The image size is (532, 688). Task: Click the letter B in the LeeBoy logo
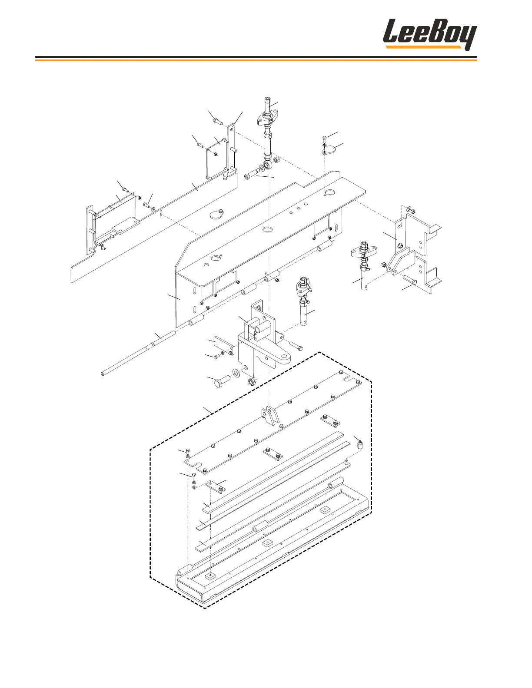(435, 34)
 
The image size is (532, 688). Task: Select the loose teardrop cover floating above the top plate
(329, 150)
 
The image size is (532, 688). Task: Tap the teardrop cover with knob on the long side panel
(216, 214)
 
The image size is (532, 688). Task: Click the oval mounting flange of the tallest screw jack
(268, 116)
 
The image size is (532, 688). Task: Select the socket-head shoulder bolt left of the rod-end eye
(249, 177)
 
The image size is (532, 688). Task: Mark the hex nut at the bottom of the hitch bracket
(251, 382)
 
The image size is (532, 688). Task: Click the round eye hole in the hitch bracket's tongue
(285, 357)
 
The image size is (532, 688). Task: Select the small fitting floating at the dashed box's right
(360, 445)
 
